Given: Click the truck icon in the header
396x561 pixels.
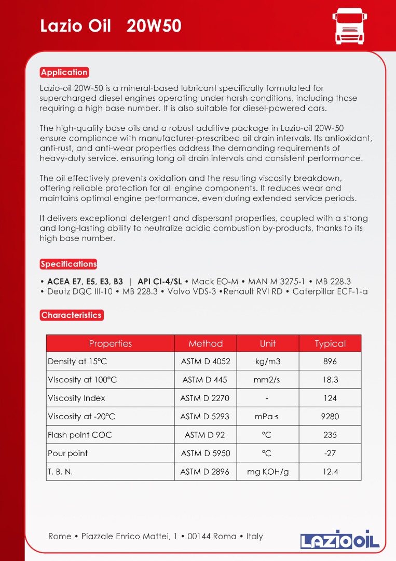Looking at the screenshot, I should pyautogui.click(x=349, y=25).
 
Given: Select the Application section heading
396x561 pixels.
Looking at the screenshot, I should pyautogui.click(x=64, y=72).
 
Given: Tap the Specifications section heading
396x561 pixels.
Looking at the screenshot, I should pyautogui.click(x=69, y=264).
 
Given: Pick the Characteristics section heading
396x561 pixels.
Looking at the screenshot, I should pyautogui.click(x=71, y=315).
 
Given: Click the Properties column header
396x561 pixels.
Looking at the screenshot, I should pyautogui.click(x=110, y=343).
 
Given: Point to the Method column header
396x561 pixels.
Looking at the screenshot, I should pyautogui.click(x=206, y=343).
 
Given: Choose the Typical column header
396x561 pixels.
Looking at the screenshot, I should pyautogui.click(x=330, y=343).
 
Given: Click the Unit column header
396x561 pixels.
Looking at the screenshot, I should pyautogui.click(x=267, y=343).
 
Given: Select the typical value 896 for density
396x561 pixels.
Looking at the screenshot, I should pyautogui.click(x=330, y=362).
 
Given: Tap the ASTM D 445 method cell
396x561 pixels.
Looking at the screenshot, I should pyautogui.click(x=205, y=380).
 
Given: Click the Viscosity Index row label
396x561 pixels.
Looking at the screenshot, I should pyautogui.click(x=76, y=398).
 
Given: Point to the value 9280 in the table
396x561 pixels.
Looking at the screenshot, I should pyautogui.click(x=330, y=417).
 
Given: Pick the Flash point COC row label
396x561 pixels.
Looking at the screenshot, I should pyautogui.click(x=79, y=435).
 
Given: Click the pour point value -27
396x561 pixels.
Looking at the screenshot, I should pyautogui.click(x=330, y=453).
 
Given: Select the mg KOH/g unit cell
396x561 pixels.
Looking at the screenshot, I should pyautogui.click(x=268, y=472).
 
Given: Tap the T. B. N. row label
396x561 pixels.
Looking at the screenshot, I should pyautogui.click(x=60, y=472).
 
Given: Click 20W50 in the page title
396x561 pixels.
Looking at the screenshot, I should pyautogui.click(x=154, y=26).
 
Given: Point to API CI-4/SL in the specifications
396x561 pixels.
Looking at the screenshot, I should pyautogui.click(x=160, y=281).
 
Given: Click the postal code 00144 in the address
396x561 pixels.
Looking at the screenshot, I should pyautogui.click(x=199, y=536).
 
